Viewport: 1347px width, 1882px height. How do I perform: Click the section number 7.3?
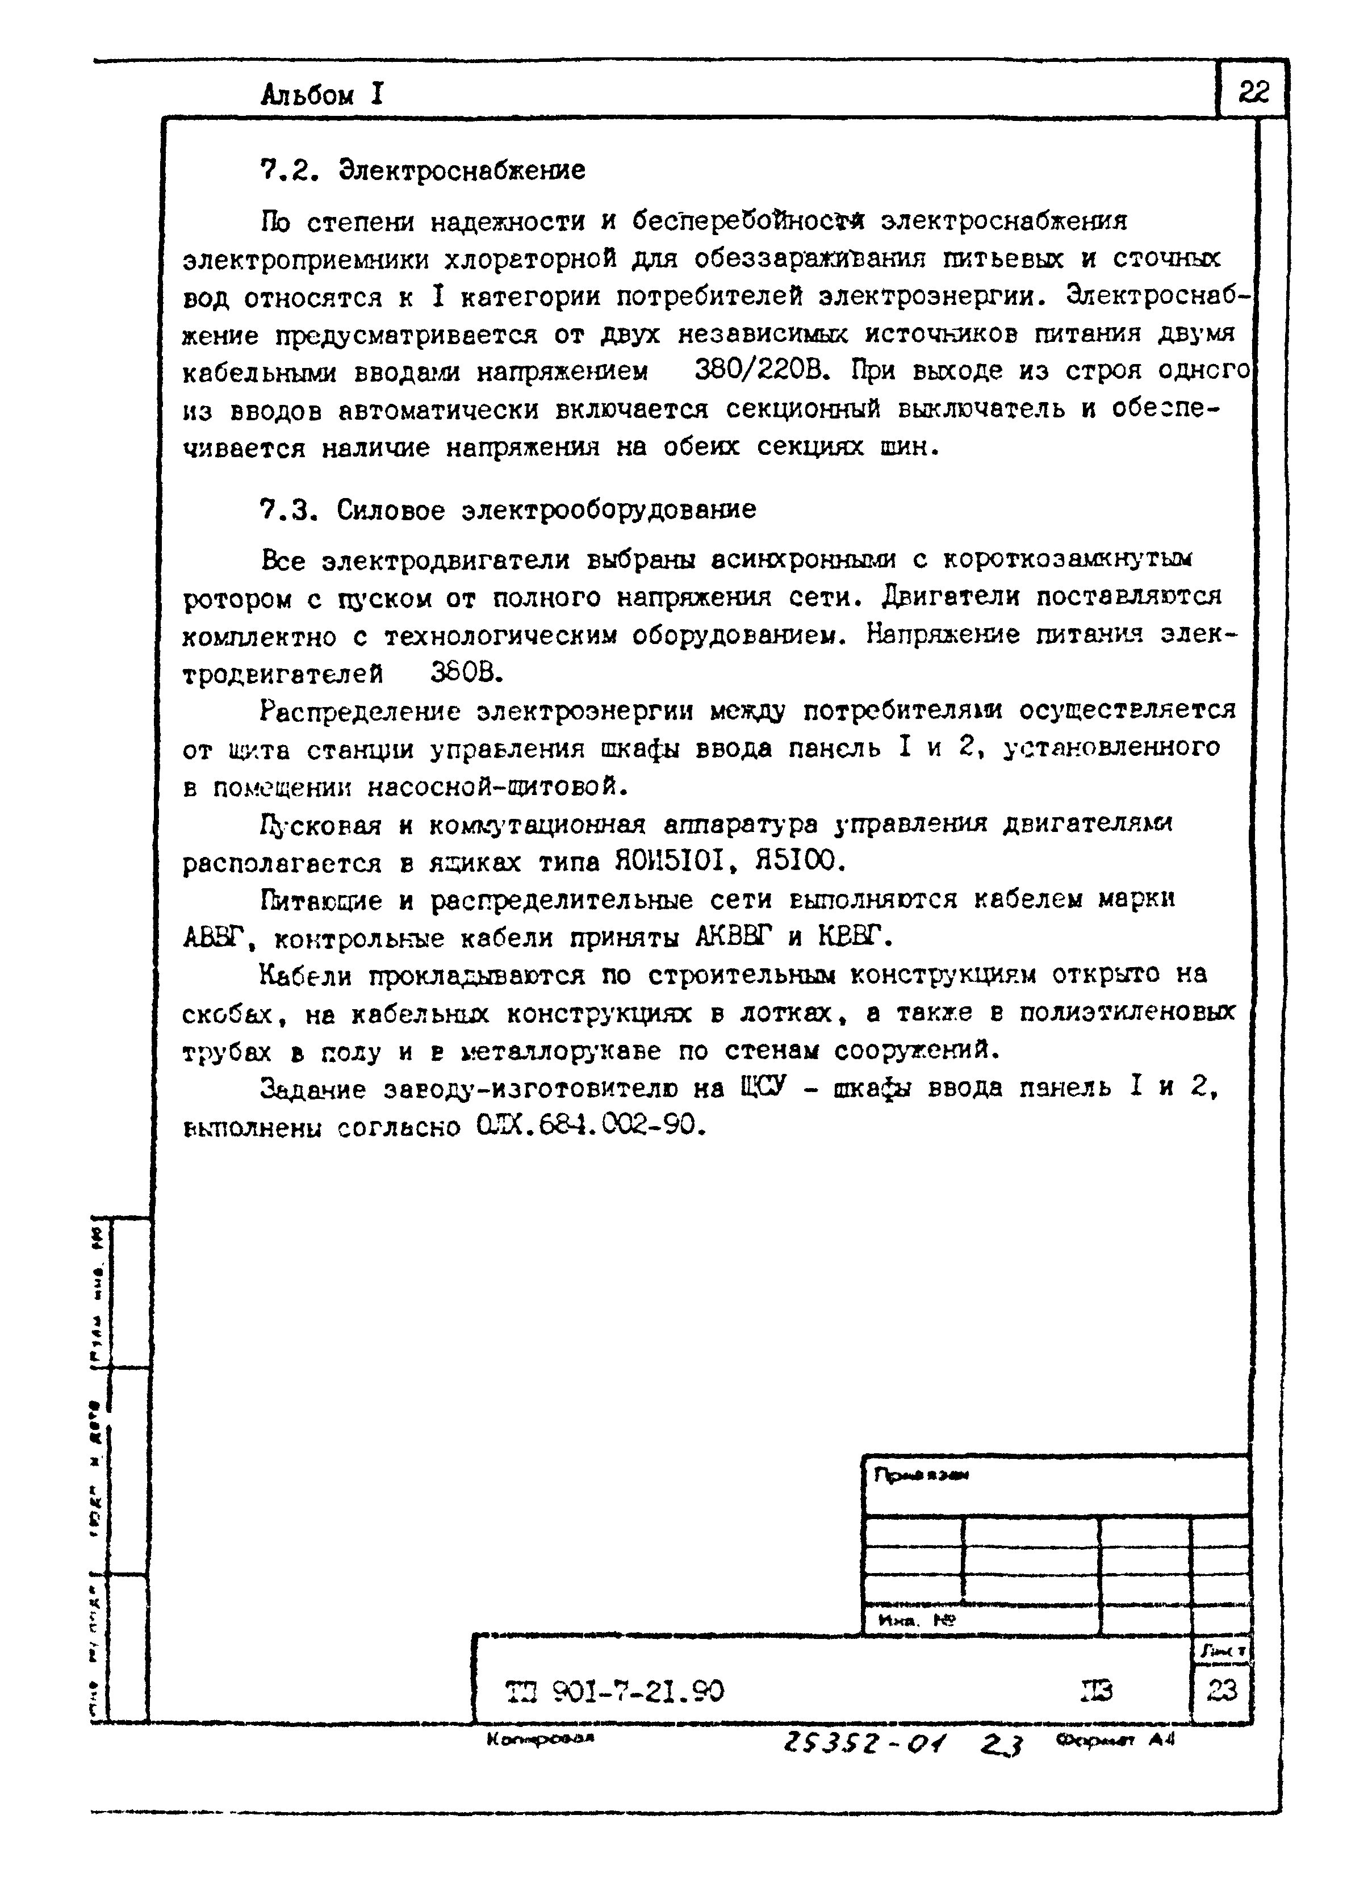[x=288, y=509]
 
